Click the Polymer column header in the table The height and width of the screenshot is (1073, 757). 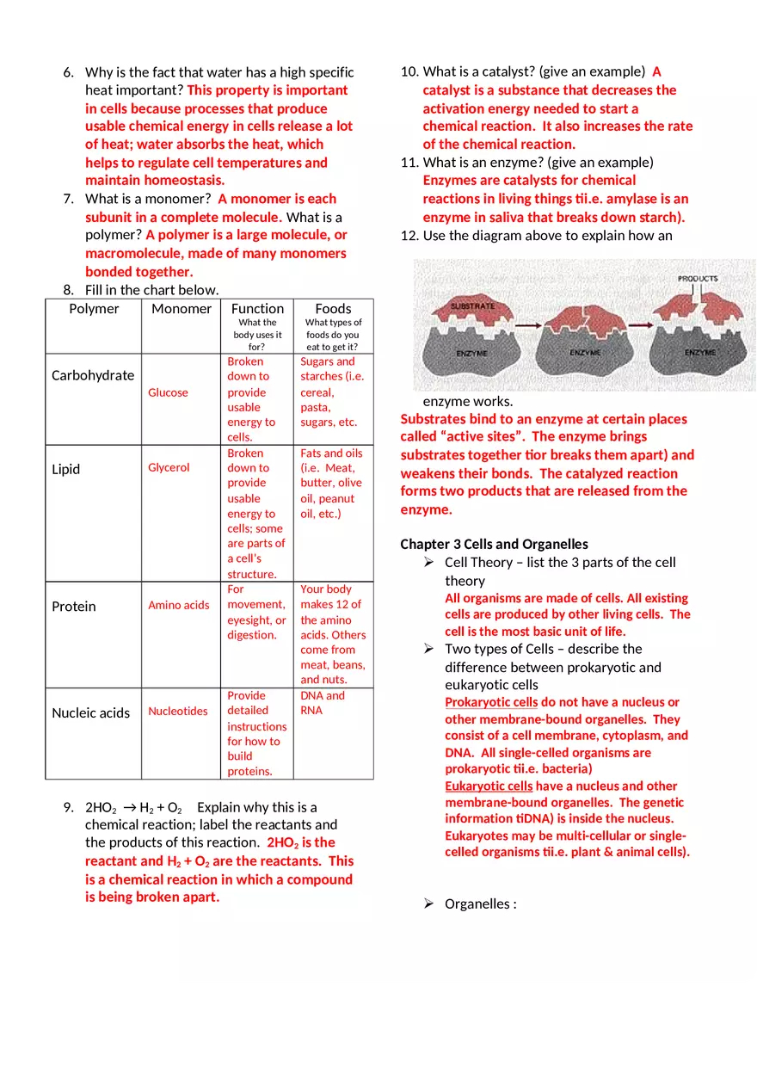tap(94, 309)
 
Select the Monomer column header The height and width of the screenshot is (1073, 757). tap(181, 309)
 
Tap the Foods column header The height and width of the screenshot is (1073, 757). tap(333, 309)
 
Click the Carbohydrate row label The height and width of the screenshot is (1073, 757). tap(93, 375)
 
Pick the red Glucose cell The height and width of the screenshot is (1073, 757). tap(168, 392)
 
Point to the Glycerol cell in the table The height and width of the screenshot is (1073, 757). tap(169, 467)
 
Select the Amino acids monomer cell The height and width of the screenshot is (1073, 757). tap(178, 605)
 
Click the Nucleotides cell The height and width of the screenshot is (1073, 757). tap(177, 711)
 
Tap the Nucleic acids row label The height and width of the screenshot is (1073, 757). tap(90, 712)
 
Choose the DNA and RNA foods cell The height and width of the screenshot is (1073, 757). tap(323, 703)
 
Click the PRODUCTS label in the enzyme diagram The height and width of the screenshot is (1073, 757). tap(698, 279)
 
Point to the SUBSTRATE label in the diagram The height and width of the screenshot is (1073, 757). tap(472, 306)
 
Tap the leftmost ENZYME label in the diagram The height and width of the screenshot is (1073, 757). tap(472, 354)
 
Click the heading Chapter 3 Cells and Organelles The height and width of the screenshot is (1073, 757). tap(494, 544)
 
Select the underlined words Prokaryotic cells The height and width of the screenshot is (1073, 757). tap(490, 702)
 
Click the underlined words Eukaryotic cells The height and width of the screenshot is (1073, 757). tap(489, 786)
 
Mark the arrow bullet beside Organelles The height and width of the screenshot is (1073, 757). tap(428, 903)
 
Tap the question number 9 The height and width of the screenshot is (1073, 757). tap(68, 807)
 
